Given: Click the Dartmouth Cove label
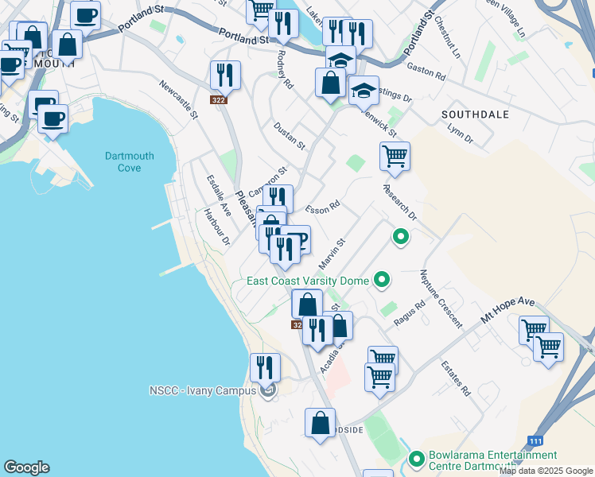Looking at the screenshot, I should pyautogui.click(x=123, y=161).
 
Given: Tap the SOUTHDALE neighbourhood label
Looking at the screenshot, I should pyautogui.click(x=475, y=114).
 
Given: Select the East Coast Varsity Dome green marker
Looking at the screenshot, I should pyautogui.click(x=383, y=280).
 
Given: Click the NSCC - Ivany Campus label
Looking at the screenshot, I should pyautogui.click(x=202, y=390).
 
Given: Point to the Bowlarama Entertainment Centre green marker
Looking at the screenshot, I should pyautogui.click(x=416, y=460).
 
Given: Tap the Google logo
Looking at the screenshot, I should pyautogui.click(x=26, y=467).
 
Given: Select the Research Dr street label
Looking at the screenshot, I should pyautogui.click(x=399, y=202).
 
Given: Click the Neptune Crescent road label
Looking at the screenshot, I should pyautogui.click(x=441, y=298).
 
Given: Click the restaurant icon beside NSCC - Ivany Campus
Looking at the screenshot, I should pyautogui.click(x=265, y=366).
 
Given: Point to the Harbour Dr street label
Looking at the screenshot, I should pyautogui.click(x=216, y=226).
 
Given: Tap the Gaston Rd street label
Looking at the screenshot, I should pyautogui.click(x=426, y=71).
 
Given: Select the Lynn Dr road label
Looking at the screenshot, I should pyautogui.click(x=460, y=133).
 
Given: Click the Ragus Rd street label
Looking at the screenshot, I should pyautogui.click(x=410, y=314).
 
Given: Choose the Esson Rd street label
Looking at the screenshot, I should pyautogui.click(x=322, y=206).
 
